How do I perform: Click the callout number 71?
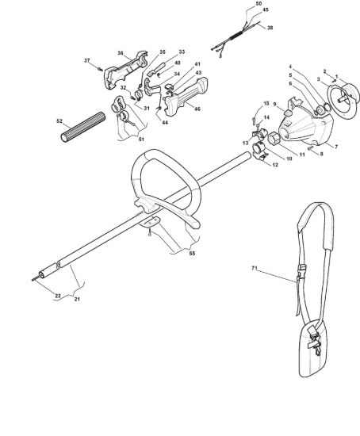[254, 268]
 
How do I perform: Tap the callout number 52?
[59, 121]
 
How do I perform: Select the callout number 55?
[192, 254]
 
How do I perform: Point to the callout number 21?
[77, 299]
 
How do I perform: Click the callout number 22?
[58, 296]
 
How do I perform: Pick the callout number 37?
[87, 60]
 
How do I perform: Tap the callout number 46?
[197, 109]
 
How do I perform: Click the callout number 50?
[259, 4]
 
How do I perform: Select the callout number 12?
[275, 165]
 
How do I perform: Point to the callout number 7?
[336, 147]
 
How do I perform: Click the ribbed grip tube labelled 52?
[83, 127]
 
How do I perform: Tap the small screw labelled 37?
[101, 69]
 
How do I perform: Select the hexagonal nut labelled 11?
[274, 139]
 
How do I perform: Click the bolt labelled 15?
[254, 121]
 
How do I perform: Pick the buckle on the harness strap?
[301, 272]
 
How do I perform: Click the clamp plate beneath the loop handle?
[149, 221]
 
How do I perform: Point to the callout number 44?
[165, 122]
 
